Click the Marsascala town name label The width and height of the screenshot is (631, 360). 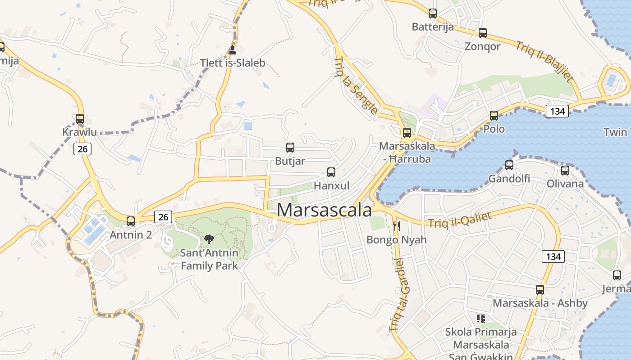pyautogui.click(x=325, y=210)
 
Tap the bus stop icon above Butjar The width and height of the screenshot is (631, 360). pyautogui.click(x=290, y=147)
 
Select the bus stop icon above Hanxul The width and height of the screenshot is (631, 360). pyautogui.click(x=331, y=172)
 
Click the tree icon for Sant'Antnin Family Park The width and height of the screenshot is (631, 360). pyautogui.click(x=209, y=239)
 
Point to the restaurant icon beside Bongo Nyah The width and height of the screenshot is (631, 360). pyautogui.click(x=397, y=226)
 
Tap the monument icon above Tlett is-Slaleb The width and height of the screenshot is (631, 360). pyautogui.click(x=232, y=49)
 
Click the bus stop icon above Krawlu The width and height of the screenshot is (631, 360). pyautogui.click(x=80, y=119)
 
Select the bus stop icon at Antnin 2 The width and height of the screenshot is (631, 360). pyautogui.click(x=131, y=221)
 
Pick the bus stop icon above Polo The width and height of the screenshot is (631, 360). pyautogui.click(x=494, y=116)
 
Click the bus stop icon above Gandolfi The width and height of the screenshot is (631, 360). pyautogui.click(x=509, y=165)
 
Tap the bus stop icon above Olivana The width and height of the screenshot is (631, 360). pyautogui.click(x=565, y=171)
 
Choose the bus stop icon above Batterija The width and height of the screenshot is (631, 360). pyautogui.click(x=433, y=13)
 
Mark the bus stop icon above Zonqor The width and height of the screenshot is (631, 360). pyautogui.click(x=483, y=33)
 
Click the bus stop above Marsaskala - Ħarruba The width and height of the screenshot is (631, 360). pyautogui.click(x=407, y=132)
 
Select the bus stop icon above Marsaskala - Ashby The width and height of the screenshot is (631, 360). pyautogui.click(x=540, y=289)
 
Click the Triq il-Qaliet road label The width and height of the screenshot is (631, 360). pyautogui.click(x=460, y=220)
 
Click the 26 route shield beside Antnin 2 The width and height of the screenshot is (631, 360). pyautogui.click(x=163, y=217)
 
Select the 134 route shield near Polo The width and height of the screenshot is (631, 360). pyautogui.click(x=558, y=111)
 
